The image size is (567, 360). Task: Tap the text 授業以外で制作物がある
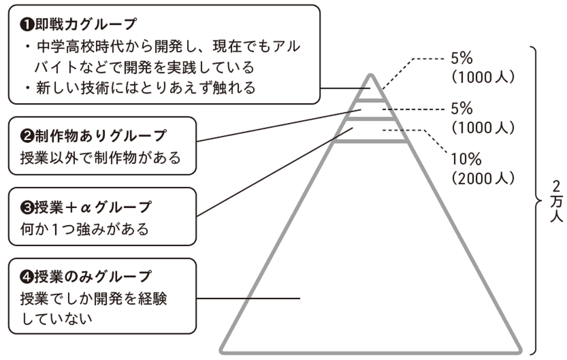point(100,158)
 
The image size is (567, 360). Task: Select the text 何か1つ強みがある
point(84,230)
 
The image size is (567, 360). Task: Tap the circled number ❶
point(26,25)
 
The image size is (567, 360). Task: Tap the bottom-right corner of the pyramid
point(519,350)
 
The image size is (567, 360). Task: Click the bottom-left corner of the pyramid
point(222,350)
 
